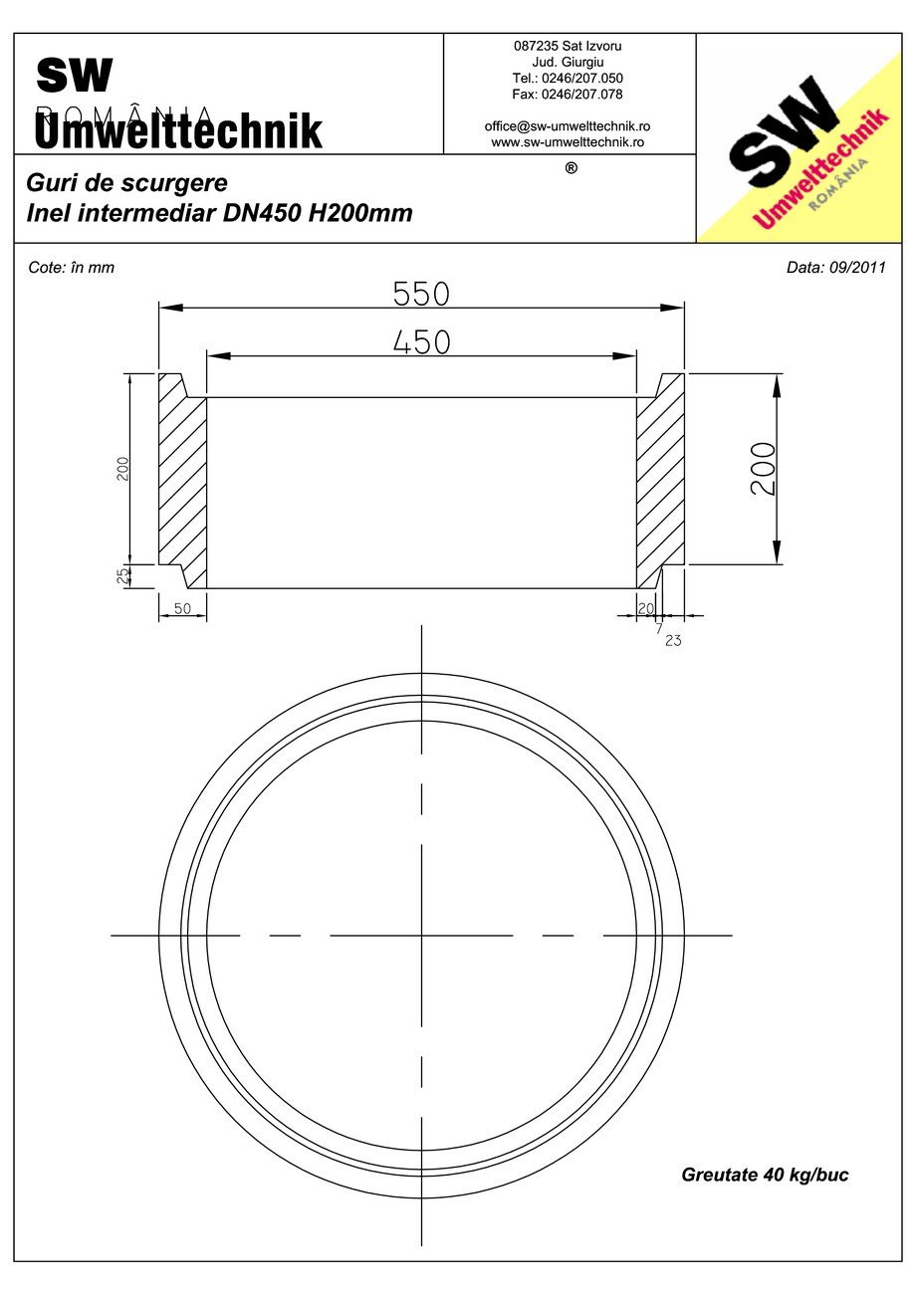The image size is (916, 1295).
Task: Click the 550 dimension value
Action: pyautogui.click(x=421, y=294)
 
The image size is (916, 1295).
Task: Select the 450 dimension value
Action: pyautogui.click(x=421, y=341)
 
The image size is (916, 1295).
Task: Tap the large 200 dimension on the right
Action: pyautogui.click(x=762, y=470)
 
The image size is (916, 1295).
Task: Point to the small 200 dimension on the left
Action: pyautogui.click(x=122, y=469)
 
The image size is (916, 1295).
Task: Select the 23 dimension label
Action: pyautogui.click(x=673, y=641)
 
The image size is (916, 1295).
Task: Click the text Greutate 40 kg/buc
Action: pyautogui.click(x=764, y=1175)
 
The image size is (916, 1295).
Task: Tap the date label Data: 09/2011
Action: pyautogui.click(x=835, y=268)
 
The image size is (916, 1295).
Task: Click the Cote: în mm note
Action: pyautogui.click(x=72, y=268)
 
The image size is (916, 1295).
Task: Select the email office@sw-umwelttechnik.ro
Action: pyautogui.click(x=568, y=126)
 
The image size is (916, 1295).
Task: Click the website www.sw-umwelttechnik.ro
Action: pyautogui.click(x=568, y=142)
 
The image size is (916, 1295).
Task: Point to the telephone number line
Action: pyautogui.click(x=568, y=78)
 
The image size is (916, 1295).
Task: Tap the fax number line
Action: pyautogui.click(x=568, y=94)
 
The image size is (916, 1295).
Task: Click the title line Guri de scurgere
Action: pyautogui.click(x=127, y=183)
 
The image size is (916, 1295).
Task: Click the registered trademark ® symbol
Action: pyautogui.click(x=571, y=168)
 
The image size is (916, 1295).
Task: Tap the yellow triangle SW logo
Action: pyautogui.click(x=806, y=139)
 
